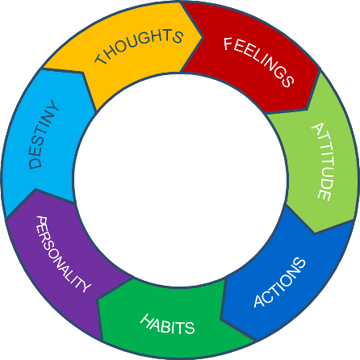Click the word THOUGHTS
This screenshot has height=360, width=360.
click(139, 46)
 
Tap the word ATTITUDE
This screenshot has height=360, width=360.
click(323, 161)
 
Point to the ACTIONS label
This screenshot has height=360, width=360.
click(279, 283)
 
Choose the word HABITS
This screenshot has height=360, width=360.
click(167, 324)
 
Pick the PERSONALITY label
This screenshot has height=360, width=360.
click(63, 253)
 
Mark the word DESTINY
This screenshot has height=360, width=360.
click(43, 134)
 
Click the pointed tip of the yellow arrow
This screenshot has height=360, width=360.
click(203, 37)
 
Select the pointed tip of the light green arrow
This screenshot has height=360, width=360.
click(315, 233)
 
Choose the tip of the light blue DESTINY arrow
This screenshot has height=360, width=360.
click(43, 69)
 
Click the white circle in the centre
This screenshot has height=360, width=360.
click(180, 180)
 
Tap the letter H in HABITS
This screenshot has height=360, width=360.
click(147, 320)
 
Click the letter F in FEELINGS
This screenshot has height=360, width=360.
click(228, 44)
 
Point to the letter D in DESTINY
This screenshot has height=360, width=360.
click(36, 163)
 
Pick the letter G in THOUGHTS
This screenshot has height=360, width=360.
click(146, 39)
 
